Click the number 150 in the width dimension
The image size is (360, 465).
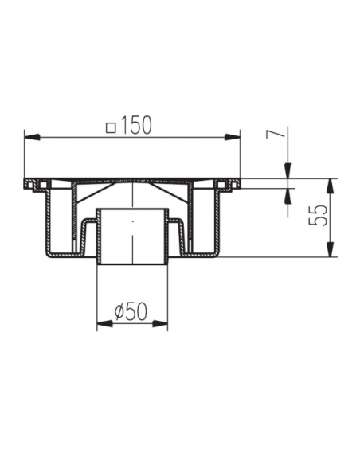(136, 125)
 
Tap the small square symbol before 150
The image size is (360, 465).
(112, 128)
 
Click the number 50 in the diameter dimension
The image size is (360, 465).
(137, 311)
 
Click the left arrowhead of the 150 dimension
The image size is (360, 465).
(32, 137)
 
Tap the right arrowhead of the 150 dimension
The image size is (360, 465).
(232, 137)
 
